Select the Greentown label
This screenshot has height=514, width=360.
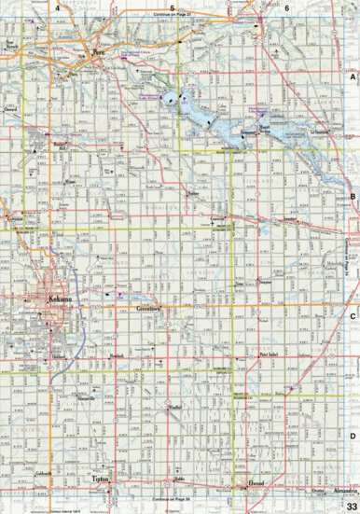(149, 306)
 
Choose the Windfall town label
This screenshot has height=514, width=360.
(174, 408)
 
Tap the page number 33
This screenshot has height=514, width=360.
(351, 505)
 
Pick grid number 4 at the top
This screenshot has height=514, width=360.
(57, 7)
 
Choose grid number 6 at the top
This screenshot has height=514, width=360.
(287, 7)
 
